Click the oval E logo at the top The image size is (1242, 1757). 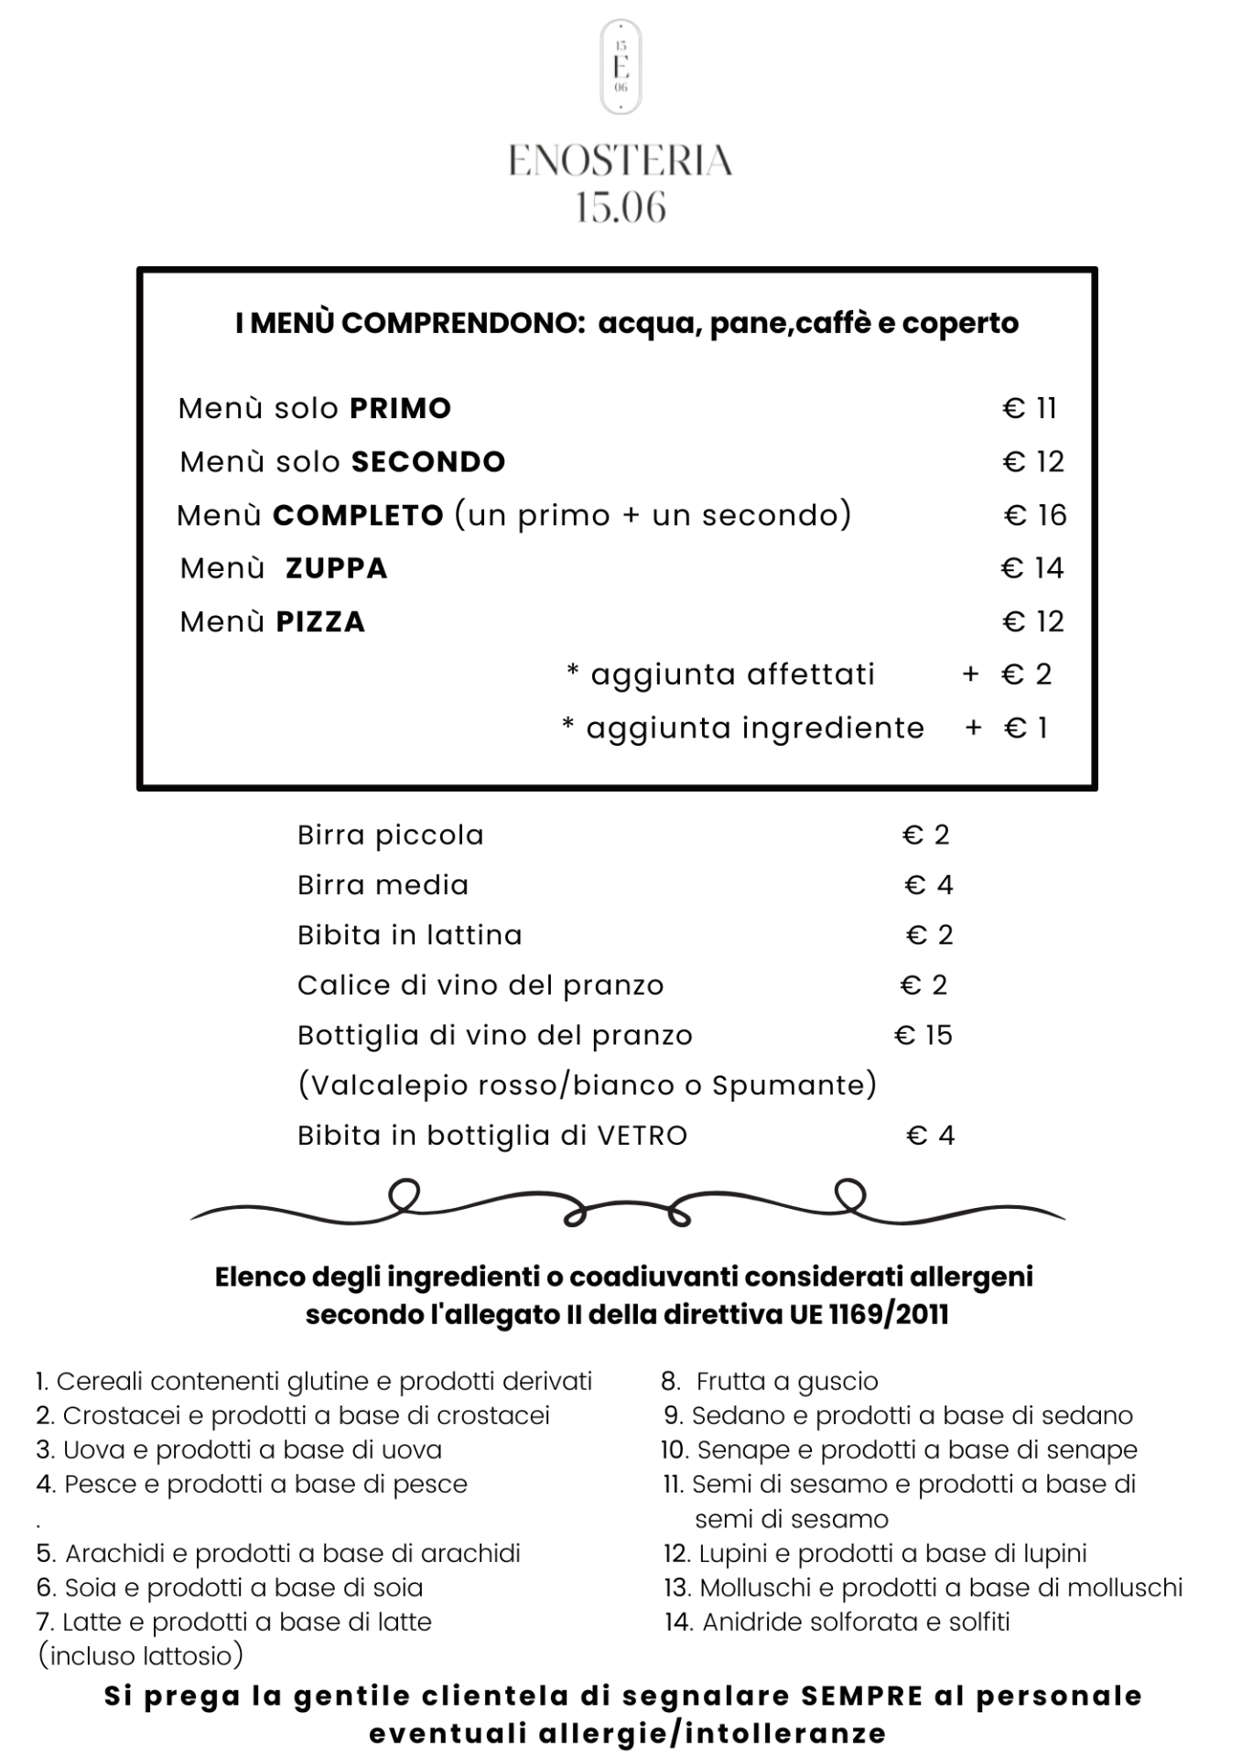click(x=621, y=68)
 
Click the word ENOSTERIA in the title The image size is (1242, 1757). click(x=621, y=161)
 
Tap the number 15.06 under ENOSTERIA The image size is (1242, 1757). click(x=621, y=208)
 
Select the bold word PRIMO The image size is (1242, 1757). click(x=401, y=408)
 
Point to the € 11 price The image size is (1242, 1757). click(x=1030, y=408)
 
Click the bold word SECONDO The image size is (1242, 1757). click(x=428, y=462)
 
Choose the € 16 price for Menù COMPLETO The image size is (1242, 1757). click(x=1035, y=515)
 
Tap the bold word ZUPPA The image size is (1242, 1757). click(x=337, y=568)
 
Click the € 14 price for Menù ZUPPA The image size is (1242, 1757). click(x=1032, y=568)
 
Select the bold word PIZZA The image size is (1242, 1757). click(x=320, y=622)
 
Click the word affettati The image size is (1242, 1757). click(x=811, y=674)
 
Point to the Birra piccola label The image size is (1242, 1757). click(x=391, y=835)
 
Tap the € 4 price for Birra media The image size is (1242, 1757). click(x=929, y=885)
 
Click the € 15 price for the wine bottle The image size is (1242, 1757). click(x=923, y=1035)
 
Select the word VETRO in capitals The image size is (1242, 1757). click(x=642, y=1136)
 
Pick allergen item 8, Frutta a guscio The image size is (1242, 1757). click(x=771, y=1381)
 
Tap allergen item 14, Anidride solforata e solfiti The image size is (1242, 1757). click(x=837, y=1622)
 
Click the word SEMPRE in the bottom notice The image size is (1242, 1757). click(x=862, y=1696)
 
